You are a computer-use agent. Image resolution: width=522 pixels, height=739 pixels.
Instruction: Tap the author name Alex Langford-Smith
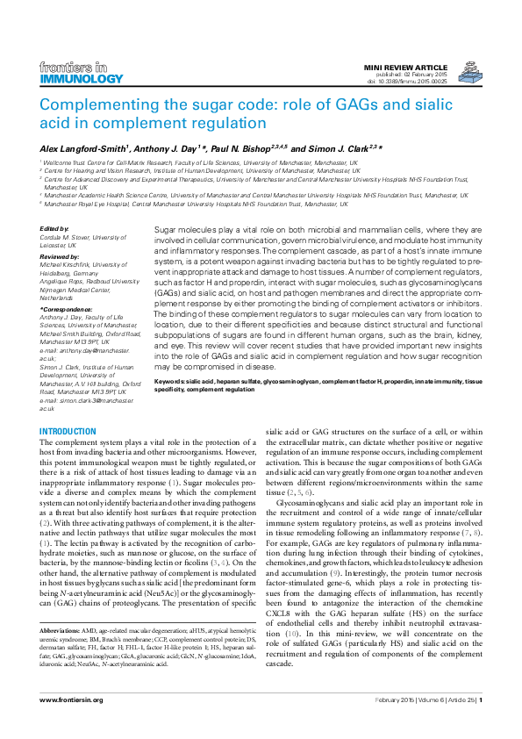point(82,149)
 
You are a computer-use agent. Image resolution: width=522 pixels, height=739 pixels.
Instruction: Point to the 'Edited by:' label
point(54,229)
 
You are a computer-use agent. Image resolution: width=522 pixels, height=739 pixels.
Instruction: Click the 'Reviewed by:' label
point(60,255)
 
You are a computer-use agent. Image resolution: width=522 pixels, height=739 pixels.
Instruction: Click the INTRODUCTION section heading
point(68,431)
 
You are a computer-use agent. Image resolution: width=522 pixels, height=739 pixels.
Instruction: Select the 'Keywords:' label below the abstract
point(173,383)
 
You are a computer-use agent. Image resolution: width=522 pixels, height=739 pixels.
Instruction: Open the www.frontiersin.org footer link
point(71,724)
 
